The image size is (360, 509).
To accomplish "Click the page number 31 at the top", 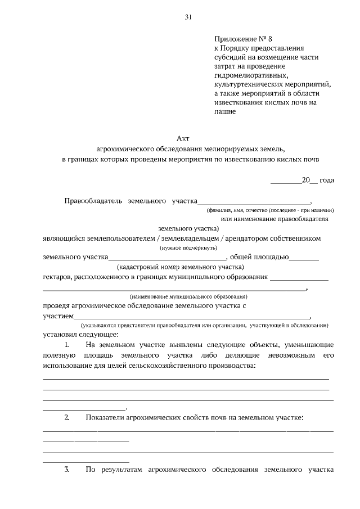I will (188, 17).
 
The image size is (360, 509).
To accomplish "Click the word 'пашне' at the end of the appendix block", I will (224, 111).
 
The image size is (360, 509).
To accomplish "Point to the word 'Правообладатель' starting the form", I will (94, 200).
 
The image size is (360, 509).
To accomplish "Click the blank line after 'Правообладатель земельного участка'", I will (254, 201).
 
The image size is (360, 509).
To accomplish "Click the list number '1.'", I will (67, 344).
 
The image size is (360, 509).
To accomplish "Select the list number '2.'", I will (67, 417).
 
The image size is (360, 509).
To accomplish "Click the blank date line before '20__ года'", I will (286, 181).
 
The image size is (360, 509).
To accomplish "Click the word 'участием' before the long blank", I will (58, 316).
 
